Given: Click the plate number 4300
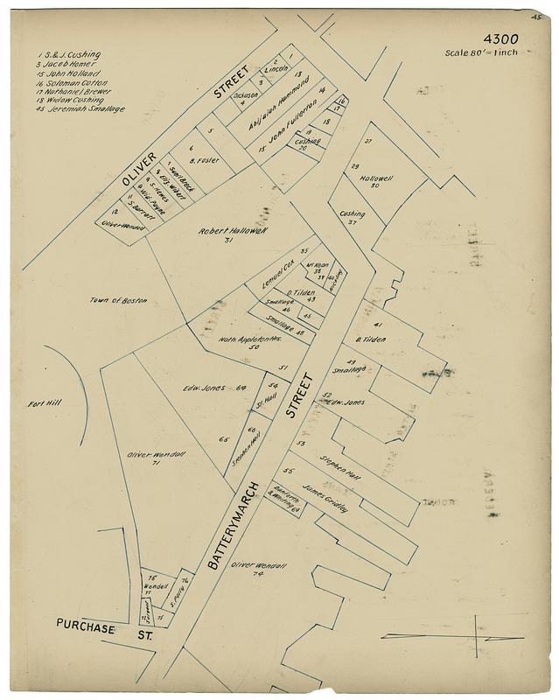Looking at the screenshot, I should [x=500, y=39].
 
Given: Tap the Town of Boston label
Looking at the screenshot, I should [x=118, y=300].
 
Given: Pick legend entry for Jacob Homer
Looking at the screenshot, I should [x=70, y=64].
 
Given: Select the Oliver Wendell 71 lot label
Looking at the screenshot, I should [x=149, y=456].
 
